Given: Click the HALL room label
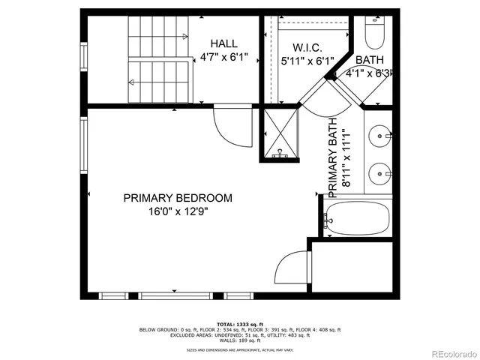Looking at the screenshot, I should tap(223, 43).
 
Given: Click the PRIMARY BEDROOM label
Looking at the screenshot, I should tap(178, 198).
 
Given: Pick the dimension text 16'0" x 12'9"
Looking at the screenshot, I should tap(178, 212).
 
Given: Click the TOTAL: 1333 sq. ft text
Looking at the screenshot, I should tap(239, 323).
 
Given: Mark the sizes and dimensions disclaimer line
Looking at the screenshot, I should tap(239, 349).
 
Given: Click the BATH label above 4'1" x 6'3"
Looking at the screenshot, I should tap(369, 60).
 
